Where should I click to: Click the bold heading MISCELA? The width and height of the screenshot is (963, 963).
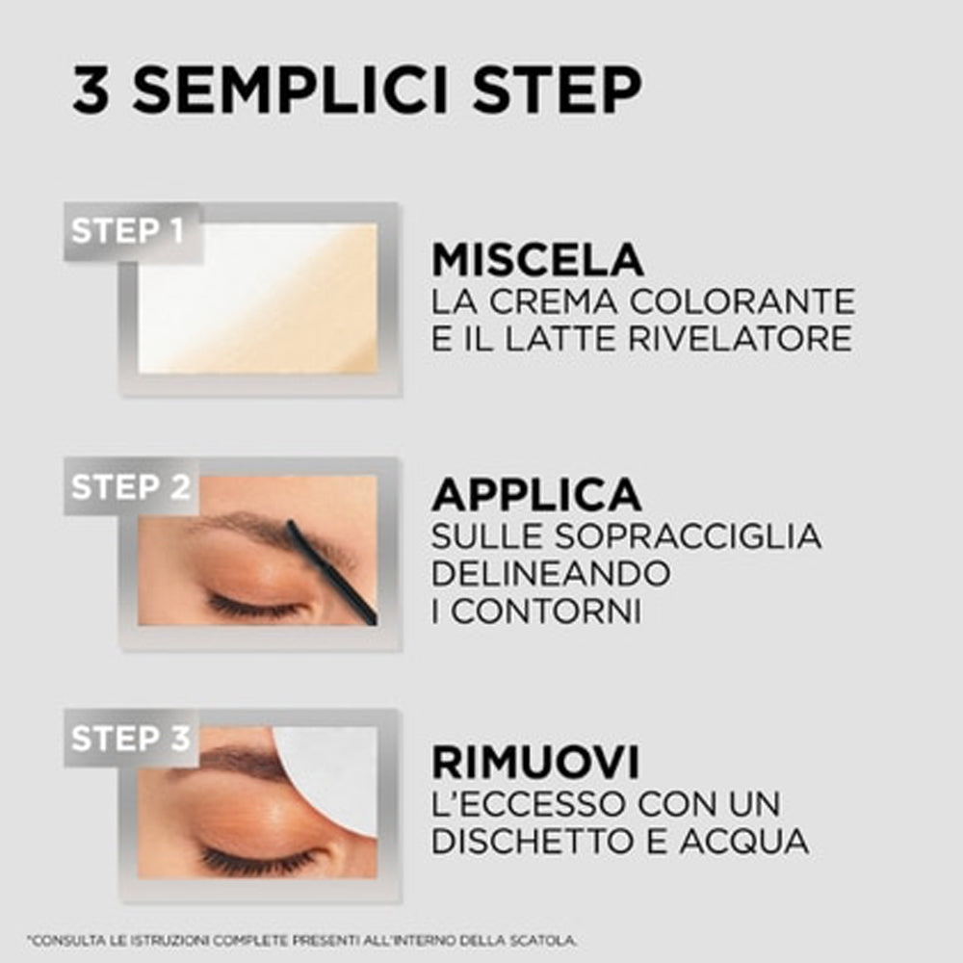click(537, 261)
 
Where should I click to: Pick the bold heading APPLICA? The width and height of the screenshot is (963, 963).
click(536, 494)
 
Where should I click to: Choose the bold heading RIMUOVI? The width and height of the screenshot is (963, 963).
click(535, 763)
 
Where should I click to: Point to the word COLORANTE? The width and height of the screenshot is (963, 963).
click(742, 301)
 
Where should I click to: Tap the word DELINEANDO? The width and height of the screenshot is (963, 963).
click(550, 574)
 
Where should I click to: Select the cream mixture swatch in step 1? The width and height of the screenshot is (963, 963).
click(258, 299)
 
